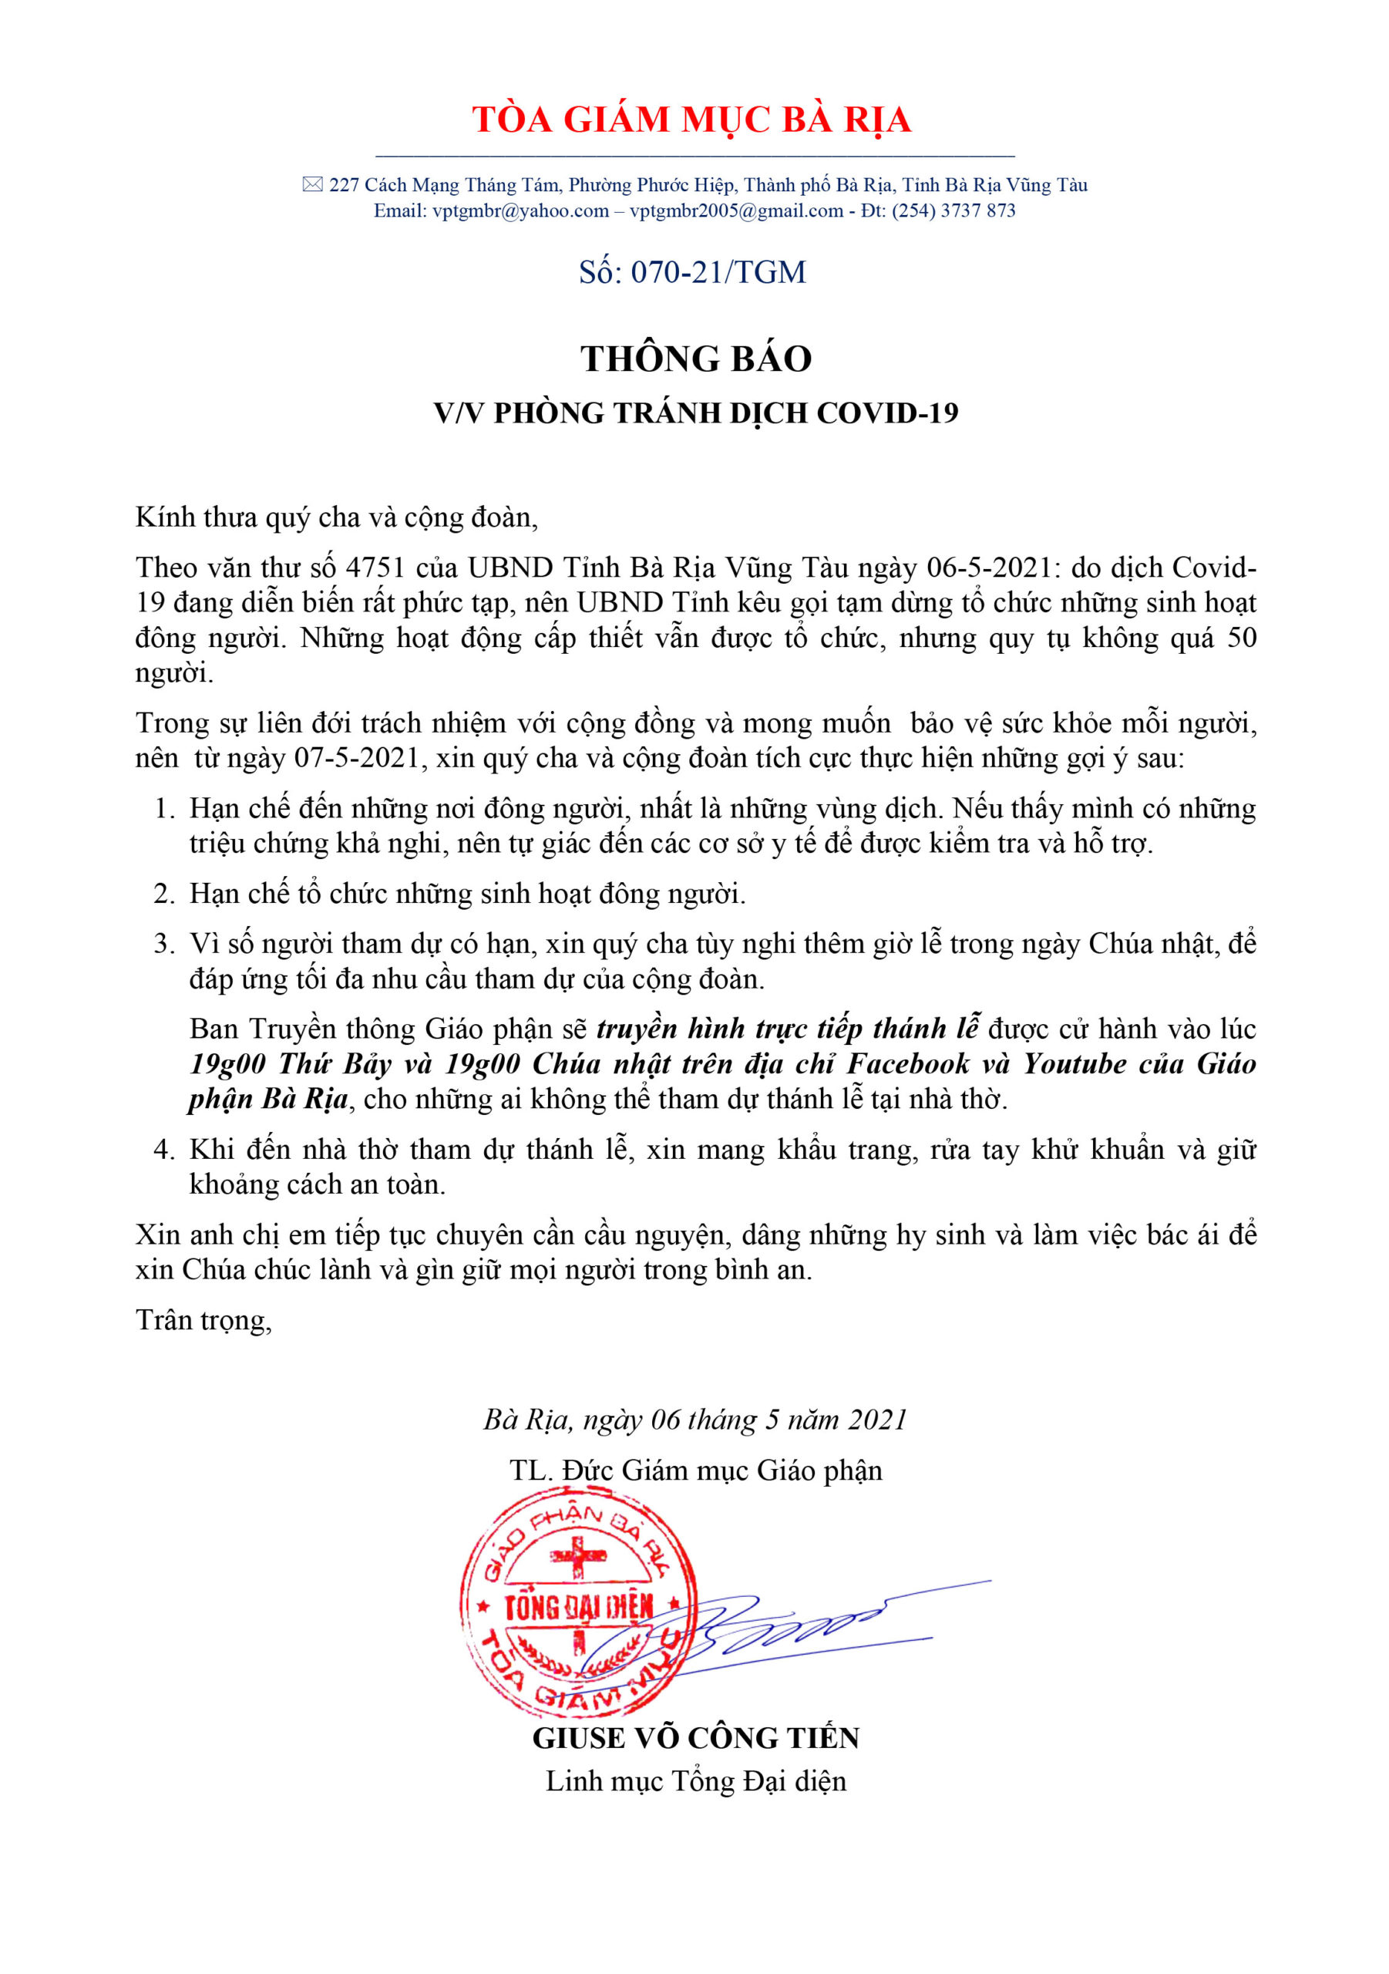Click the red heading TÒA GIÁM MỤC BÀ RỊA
pyautogui.click(x=691, y=119)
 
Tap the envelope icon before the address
pyautogui.click(x=312, y=184)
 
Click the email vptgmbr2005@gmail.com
pyautogui.click(x=737, y=211)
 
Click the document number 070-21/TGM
pyautogui.click(x=718, y=272)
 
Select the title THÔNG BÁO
pyautogui.click(x=695, y=359)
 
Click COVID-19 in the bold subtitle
pyautogui.click(x=887, y=413)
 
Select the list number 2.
pyautogui.click(x=163, y=894)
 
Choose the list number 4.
pyautogui.click(x=163, y=1150)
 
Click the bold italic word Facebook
pyautogui.click(x=909, y=1064)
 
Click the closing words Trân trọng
pyautogui.click(x=203, y=1319)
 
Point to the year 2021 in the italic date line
pyautogui.click(x=876, y=1420)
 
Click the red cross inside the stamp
pyautogui.click(x=578, y=1555)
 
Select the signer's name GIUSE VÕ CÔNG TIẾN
pyautogui.click(x=695, y=1738)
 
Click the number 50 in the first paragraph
pyautogui.click(x=1240, y=638)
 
